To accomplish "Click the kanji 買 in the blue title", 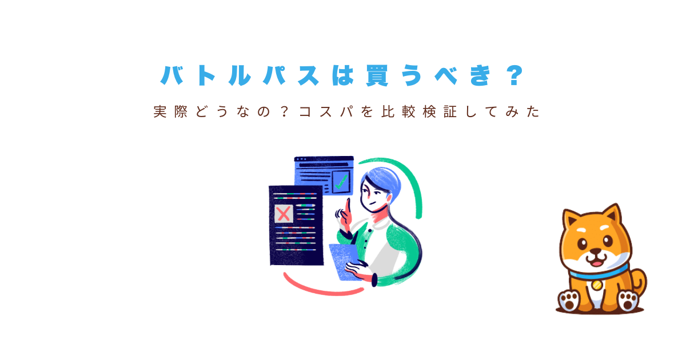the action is pos(377,75).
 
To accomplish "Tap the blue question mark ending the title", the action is pos(515,75).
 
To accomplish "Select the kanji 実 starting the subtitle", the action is pos(160,112).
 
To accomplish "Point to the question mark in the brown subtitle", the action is pos(285,112).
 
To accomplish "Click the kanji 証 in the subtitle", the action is pos(450,112).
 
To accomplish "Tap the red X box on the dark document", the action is pos(284,214).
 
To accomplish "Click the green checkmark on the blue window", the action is pos(341,182).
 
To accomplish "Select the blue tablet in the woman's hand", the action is pos(345,261).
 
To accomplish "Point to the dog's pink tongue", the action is pos(596,263).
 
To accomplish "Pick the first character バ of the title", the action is pos(172,75).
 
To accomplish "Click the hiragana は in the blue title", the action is pos(343,75).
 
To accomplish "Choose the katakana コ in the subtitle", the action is pos(305,112).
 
